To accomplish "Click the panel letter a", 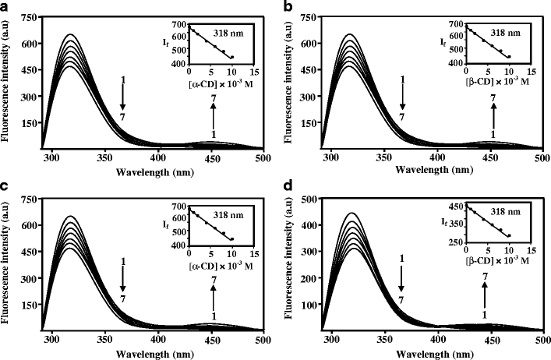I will point(5,7).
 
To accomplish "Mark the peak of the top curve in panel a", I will point(71,34).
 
